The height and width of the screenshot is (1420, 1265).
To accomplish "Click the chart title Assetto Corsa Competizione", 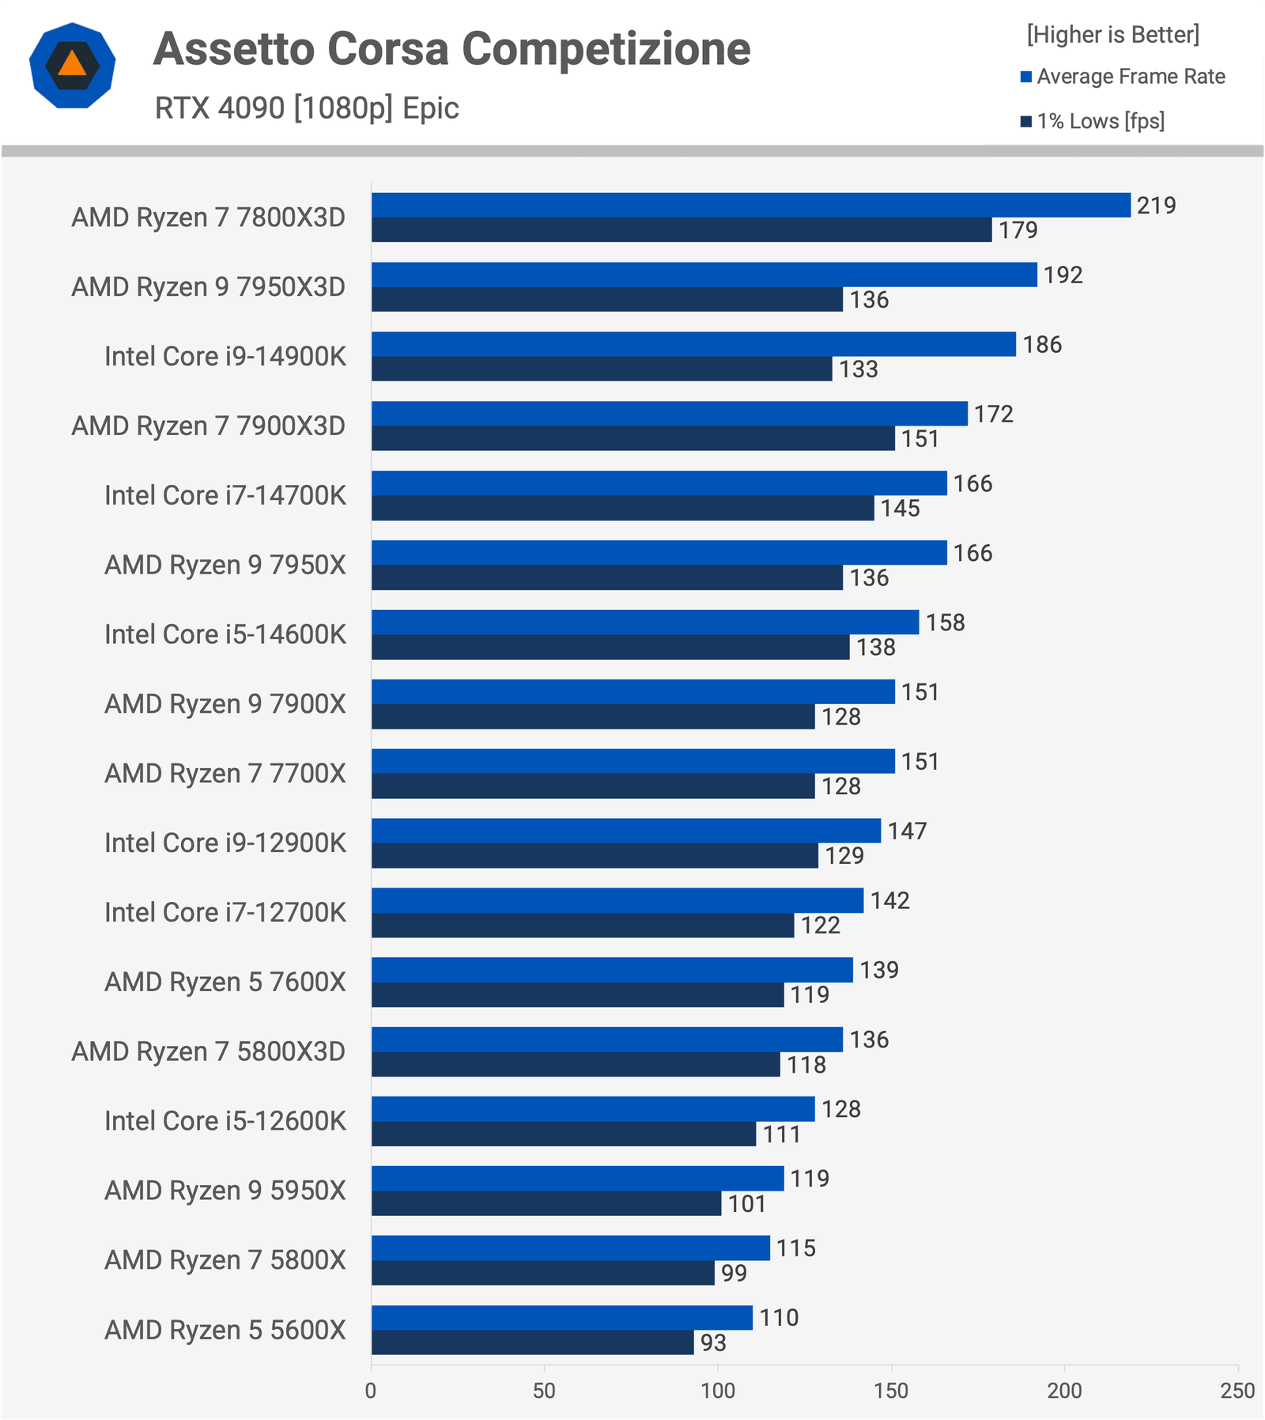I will (451, 49).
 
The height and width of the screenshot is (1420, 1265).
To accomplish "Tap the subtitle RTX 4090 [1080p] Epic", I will (307, 108).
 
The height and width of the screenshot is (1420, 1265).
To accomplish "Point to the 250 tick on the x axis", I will (1237, 1390).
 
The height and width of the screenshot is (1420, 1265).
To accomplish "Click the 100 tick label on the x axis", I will (718, 1390).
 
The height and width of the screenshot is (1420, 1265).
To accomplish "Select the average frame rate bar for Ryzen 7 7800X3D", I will (750, 205).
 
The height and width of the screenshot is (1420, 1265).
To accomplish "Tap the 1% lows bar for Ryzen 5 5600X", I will (532, 1342).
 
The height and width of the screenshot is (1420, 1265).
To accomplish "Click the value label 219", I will (1157, 206).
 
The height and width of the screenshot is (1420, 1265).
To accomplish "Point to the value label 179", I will (1018, 230).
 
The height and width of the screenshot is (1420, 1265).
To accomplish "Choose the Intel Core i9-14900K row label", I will (225, 357).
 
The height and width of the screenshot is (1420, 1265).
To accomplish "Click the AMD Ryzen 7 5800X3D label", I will (209, 1051).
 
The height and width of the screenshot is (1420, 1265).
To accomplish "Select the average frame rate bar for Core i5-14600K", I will (645, 622).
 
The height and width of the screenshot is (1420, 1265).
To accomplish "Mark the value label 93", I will (713, 1342).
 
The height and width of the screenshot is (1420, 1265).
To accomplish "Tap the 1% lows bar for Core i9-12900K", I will (595, 856).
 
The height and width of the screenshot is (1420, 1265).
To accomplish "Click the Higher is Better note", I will (1113, 35).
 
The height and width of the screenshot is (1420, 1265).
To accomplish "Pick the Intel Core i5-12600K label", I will (225, 1121).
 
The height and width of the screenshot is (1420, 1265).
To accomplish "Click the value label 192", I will (1063, 275).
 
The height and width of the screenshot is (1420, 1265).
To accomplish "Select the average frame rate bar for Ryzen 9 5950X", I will (577, 1178).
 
